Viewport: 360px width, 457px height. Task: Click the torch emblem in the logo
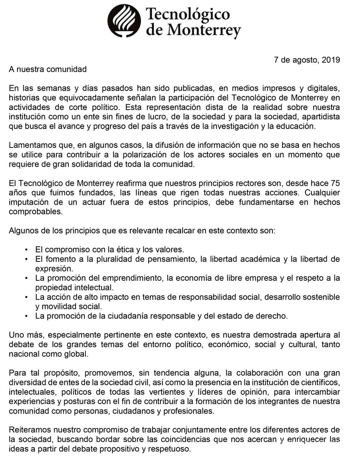click(124, 20)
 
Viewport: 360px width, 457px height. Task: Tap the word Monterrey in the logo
click(204, 30)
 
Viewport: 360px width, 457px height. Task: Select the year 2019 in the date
click(331, 60)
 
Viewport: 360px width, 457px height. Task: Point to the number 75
click(335, 183)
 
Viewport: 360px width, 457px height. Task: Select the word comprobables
click(35, 212)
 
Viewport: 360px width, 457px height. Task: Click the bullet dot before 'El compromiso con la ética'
click(27, 250)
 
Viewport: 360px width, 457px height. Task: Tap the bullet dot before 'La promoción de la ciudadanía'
click(27, 316)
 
